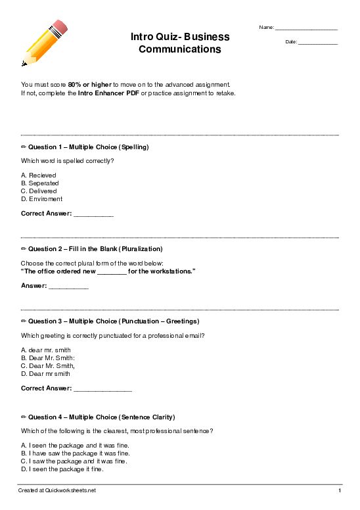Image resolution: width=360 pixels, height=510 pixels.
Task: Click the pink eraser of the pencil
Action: [x=60, y=28]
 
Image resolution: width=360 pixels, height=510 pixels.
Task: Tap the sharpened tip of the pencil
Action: [x=24, y=64]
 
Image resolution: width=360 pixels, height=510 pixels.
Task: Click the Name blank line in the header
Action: [x=306, y=29]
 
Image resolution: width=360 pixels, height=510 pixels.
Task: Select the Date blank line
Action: [x=318, y=43]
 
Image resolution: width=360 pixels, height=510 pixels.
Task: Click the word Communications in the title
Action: [x=179, y=49]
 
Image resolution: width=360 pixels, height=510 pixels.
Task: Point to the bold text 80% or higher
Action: [x=90, y=85]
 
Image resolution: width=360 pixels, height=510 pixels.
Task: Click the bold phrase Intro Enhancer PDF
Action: [x=108, y=93]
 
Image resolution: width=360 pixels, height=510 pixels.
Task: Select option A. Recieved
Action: [x=39, y=175]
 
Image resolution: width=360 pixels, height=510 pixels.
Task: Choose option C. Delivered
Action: [x=39, y=191]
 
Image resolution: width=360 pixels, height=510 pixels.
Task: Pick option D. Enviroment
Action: [x=42, y=199]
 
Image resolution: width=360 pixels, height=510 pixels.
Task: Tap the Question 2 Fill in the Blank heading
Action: [x=92, y=249]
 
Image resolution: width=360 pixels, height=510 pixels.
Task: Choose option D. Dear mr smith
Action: [x=45, y=374]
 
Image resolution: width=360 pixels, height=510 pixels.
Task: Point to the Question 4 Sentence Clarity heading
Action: [x=98, y=417]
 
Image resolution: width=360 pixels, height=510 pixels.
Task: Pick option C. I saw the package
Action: [x=74, y=461]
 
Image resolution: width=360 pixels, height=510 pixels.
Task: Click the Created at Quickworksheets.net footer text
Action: [x=57, y=491]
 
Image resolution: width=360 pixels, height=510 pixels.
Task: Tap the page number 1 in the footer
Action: [x=340, y=491]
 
